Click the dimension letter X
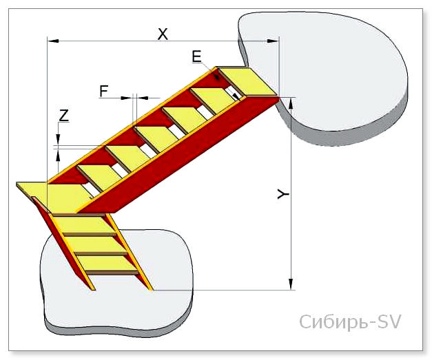[x=163, y=34]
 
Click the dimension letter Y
[x=283, y=195]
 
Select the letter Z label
[x=63, y=116]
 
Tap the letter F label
[x=104, y=91]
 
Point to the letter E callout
[x=197, y=57]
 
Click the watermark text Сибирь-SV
[x=350, y=321]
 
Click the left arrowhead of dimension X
[x=53, y=41]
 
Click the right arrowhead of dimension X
[x=274, y=41]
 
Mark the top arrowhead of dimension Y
[x=291, y=103]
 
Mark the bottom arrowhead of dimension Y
[x=291, y=284]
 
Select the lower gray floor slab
[x=116, y=284]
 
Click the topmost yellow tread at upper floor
[x=248, y=83]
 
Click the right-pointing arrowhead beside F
[x=127, y=98]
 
